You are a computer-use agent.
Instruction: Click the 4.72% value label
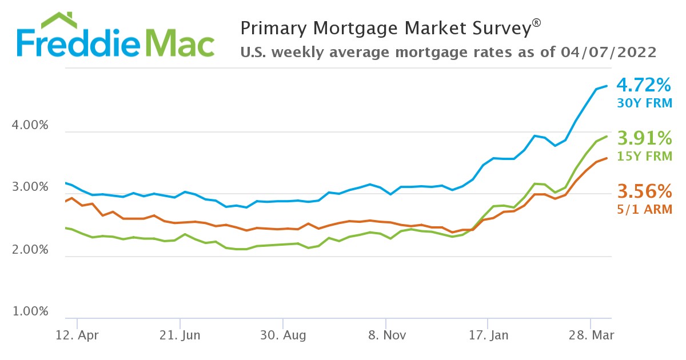(643, 86)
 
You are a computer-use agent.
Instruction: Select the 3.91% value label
(643, 138)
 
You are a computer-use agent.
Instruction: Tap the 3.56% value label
(643, 191)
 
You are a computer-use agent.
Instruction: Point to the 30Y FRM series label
(644, 103)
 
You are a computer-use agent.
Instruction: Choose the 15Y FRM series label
(644, 155)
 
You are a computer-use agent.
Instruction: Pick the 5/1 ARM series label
(644, 209)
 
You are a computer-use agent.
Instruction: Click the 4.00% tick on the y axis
(30, 126)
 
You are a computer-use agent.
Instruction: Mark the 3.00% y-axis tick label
(30, 188)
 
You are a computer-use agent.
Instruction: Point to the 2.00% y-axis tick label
(30, 250)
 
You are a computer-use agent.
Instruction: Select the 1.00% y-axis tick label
(30, 312)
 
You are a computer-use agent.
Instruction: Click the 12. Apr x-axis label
(77, 334)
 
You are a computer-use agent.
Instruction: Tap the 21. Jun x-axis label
(180, 334)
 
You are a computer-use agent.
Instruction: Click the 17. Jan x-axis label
(488, 334)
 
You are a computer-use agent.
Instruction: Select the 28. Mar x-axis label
(591, 334)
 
